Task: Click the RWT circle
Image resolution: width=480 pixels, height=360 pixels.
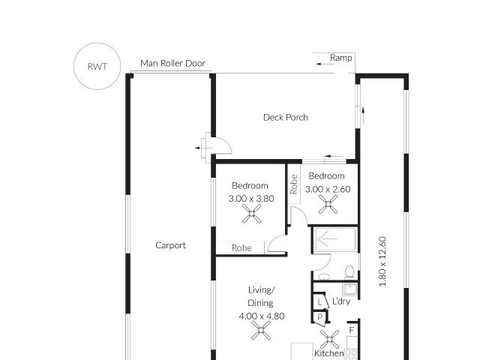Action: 97,67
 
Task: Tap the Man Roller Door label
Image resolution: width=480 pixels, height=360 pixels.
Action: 172,64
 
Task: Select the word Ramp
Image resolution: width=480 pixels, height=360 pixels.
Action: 340,58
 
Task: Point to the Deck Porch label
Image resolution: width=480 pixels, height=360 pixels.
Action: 285,117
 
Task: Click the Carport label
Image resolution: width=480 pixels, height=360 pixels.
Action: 170,245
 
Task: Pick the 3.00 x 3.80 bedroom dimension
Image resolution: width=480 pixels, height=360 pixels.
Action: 250,199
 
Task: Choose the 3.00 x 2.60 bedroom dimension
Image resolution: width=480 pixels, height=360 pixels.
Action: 327,190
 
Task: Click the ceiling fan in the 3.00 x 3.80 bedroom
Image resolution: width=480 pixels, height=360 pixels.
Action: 251,216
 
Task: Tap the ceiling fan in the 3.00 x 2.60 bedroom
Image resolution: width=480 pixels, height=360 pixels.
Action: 327,205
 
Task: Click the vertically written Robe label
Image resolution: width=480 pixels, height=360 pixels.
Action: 294,184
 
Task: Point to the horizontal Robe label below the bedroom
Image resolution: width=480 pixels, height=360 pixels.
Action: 241,248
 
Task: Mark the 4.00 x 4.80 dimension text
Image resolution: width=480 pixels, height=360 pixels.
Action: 261,316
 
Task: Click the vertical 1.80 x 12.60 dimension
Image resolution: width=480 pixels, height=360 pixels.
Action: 382,261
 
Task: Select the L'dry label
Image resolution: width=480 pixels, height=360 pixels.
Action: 341,301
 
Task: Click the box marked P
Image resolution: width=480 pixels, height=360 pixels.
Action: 319,317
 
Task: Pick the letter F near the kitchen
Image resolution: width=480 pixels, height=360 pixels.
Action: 350,330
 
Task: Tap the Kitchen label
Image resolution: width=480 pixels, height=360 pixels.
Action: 328,353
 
